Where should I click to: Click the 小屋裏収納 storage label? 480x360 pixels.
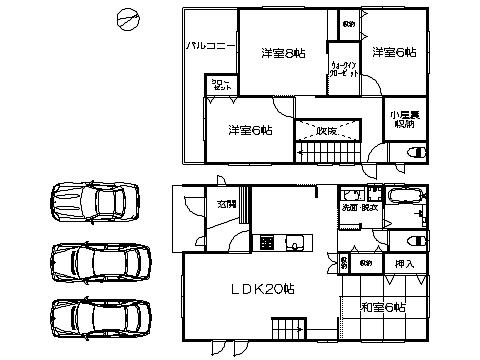[x=405, y=118]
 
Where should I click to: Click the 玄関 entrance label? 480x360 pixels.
[x=227, y=204]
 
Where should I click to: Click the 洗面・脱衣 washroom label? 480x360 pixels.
[x=360, y=208]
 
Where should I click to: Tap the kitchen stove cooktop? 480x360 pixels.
[x=268, y=241]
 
